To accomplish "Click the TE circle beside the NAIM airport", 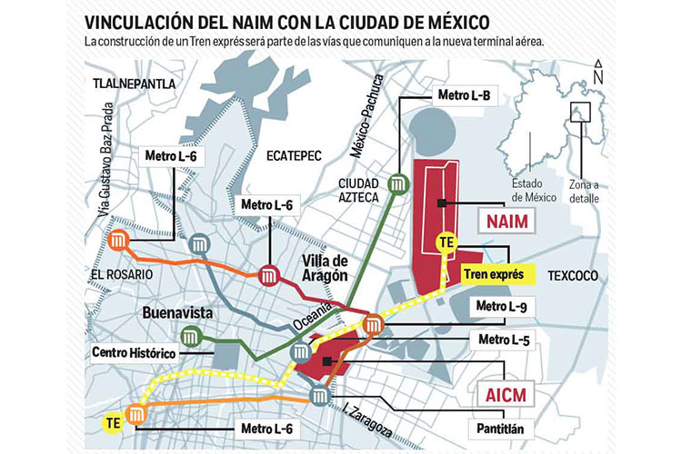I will click(x=446, y=243).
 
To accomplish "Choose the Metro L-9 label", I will click(x=502, y=307).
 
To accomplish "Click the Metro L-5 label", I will click(x=502, y=340).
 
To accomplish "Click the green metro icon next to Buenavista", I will click(x=191, y=338).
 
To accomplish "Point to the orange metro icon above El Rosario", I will click(x=118, y=242).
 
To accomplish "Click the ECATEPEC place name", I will click(x=295, y=155).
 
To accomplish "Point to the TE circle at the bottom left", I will click(x=112, y=423).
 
